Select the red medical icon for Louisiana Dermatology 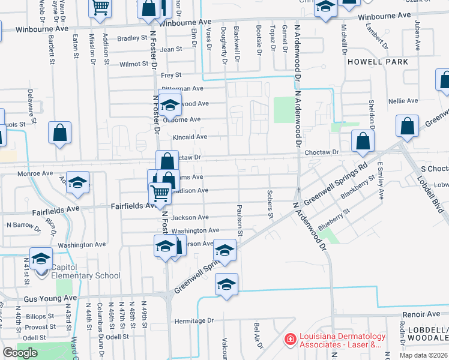point(290,340)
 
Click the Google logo point(20,353)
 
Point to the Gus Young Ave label point(50,298)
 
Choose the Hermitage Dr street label point(194,321)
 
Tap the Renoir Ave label point(421,314)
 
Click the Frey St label point(171,75)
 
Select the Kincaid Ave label point(190,137)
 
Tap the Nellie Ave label point(403,101)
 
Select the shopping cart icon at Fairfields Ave point(159,193)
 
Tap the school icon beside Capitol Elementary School point(41,259)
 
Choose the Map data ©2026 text point(424,355)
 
